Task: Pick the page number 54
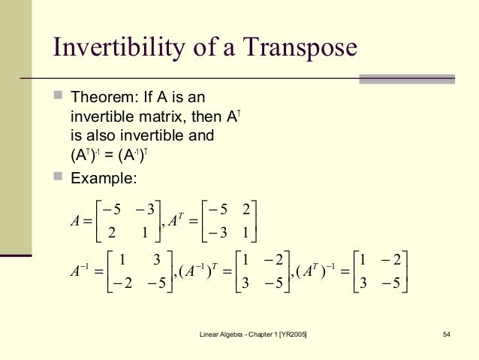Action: tap(447, 334)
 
